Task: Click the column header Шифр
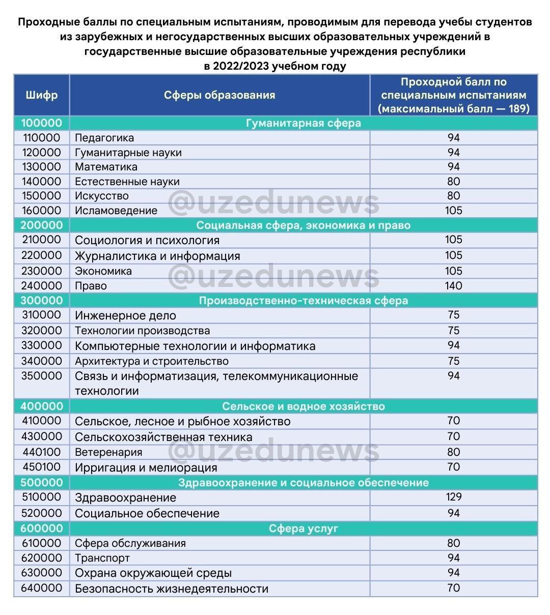click(41, 95)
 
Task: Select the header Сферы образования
click(219, 95)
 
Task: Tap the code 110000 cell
click(41, 138)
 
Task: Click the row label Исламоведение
click(116, 211)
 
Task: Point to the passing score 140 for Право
click(453, 286)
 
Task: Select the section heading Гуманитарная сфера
click(304, 123)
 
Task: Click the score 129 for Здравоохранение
click(453, 497)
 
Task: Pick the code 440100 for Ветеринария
click(41, 452)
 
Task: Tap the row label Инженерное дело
click(125, 315)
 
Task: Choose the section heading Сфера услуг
click(304, 529)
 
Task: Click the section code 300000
click(41, 301)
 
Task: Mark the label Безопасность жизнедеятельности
click(171, 589)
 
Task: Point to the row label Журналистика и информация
click(157, 256)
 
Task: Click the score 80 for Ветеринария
click(453, 452)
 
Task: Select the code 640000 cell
click(41, 589)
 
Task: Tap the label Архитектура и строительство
click(152, 361)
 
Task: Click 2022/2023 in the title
click(240, 66)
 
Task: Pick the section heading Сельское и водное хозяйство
click(304, 406)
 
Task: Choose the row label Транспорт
click(102, 558)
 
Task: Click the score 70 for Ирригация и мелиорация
click(453, 467)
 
